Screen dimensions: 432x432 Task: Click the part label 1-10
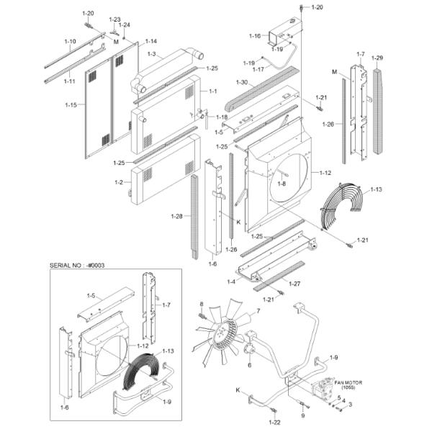tap(70, 42)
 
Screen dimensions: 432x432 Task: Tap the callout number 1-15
tap(70, 105)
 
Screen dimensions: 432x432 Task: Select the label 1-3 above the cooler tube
tap(150, 54)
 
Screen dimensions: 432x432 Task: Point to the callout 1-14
tap(150, 41)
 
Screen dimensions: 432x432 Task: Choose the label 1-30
tap(242, 82)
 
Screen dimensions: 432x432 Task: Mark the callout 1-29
tap(379, 58)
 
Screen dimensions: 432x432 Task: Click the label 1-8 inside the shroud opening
tap(282, 184)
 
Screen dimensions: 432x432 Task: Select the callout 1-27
tap(294, 284)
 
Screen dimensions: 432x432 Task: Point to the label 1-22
tap(274, 420)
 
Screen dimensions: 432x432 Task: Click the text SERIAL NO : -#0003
tap(78, 265)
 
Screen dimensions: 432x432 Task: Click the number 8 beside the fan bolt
tap(201, 304)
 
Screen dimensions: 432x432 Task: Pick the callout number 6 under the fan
tap(249, 364)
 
